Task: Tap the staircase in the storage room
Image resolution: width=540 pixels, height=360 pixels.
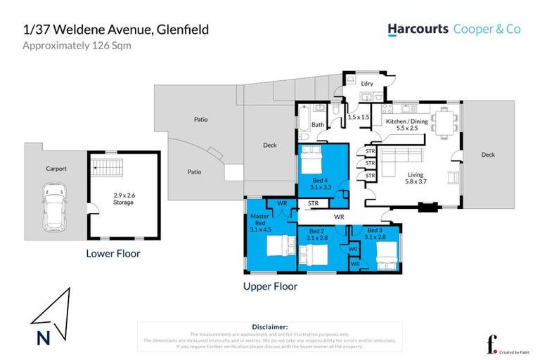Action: coord(108,169)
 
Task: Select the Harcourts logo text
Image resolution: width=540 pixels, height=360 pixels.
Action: coord(417,30)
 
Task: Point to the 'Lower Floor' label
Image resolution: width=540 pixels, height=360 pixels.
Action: coord(113,254)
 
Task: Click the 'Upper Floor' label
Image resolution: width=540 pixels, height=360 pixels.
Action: coord(270,286)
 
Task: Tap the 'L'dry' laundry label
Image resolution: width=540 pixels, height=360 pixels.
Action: coord(366,84)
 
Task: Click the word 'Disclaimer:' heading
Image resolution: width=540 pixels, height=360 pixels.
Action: coord(269,327)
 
